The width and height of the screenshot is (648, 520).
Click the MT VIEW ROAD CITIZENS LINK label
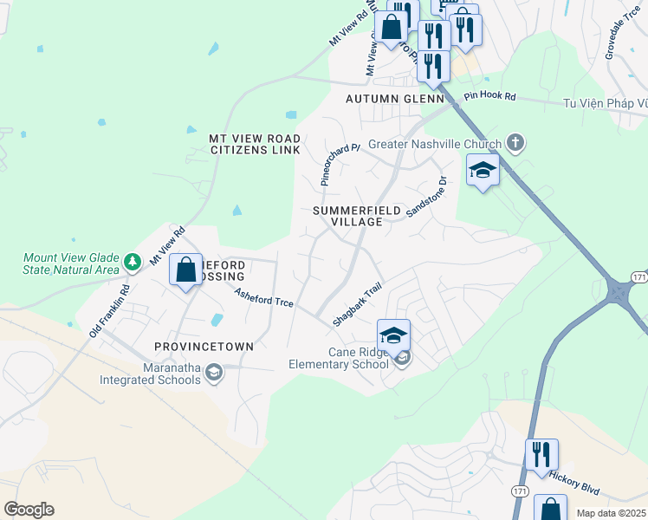(x=255, y=144)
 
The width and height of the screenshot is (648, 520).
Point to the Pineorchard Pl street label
(x=340, y=165)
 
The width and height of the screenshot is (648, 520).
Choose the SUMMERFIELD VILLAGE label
(x=347, y=216)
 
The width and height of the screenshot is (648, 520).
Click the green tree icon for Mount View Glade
(x=132, y=261)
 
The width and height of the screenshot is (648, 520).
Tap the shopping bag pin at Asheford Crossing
(x=186, y=270)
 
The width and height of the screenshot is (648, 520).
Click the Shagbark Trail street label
(x=357, y=309)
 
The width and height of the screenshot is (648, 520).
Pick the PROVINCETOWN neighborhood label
(x=204, y=346)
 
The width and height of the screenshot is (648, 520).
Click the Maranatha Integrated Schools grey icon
(x=214, y=373)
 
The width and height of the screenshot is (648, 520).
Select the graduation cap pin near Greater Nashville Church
(x=483, y=170)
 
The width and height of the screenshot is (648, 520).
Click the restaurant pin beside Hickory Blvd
(x=541, y=454)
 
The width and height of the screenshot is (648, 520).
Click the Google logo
(x=29, y=510)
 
